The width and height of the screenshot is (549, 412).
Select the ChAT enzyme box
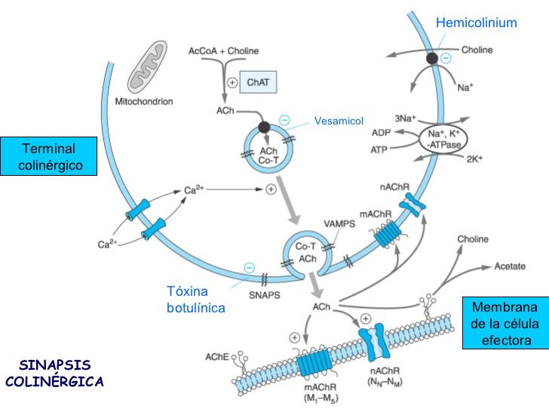click(258, 82)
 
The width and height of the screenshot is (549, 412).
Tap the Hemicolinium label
click(476, 23)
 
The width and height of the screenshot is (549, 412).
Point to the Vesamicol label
click(339, 121)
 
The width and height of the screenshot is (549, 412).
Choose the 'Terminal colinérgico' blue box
click(49, 156)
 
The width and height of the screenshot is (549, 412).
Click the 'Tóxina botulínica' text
click(195, 300)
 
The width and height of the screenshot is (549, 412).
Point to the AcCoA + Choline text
click(223, 51)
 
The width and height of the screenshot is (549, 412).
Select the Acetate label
click(510, 266)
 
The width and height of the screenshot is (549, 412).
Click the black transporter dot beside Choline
click(432, 58)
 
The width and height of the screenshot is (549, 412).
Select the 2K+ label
click(474, 160)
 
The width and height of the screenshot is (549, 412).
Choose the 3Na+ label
click(405, 118)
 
